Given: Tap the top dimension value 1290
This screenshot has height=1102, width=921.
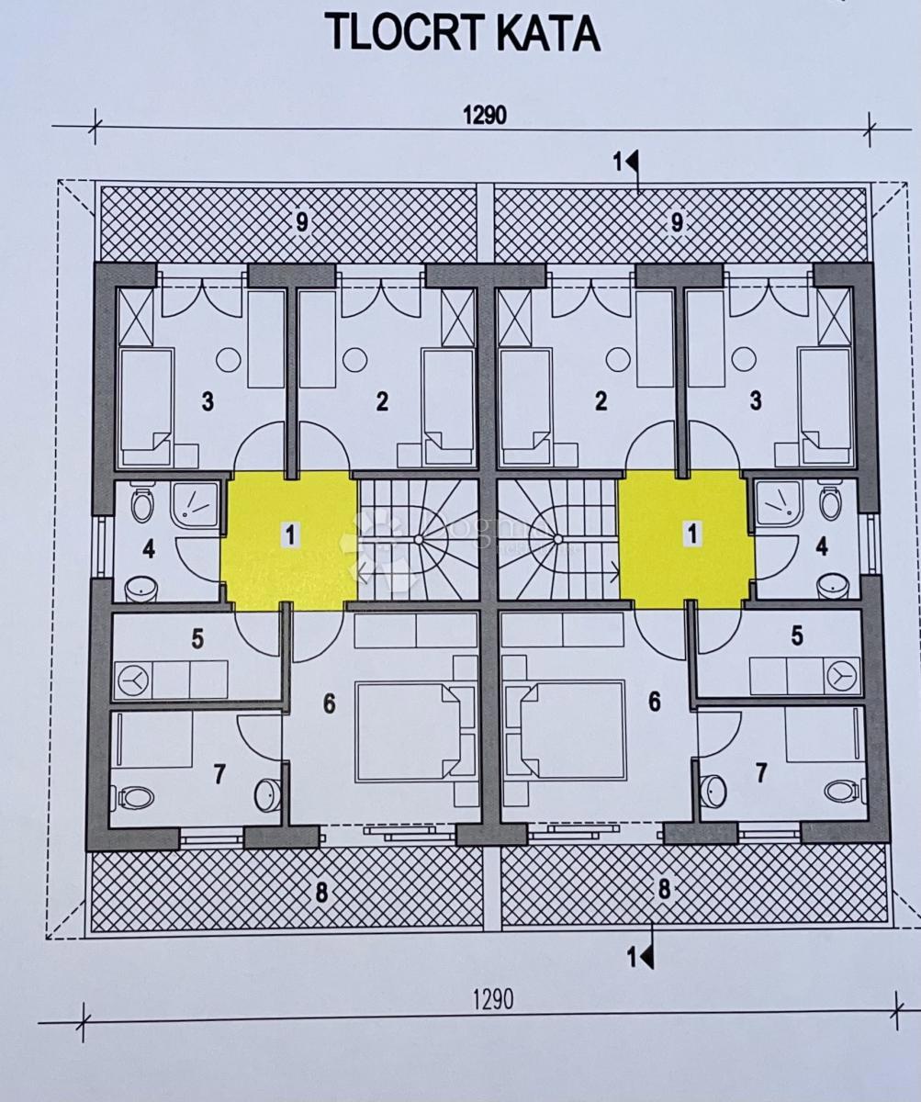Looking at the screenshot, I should pos(484,116).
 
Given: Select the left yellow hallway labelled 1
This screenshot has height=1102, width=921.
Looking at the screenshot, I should pos(289,541).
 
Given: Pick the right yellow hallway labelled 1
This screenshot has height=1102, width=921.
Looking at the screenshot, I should pos(688,539).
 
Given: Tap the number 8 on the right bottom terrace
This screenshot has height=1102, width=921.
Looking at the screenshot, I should pos(664,889).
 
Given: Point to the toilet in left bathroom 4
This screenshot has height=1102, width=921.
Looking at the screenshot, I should pos(141,504).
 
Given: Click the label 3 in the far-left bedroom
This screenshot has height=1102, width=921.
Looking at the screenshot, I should pos(208,402).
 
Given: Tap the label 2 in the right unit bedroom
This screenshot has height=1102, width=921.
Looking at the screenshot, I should pos(601,401).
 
